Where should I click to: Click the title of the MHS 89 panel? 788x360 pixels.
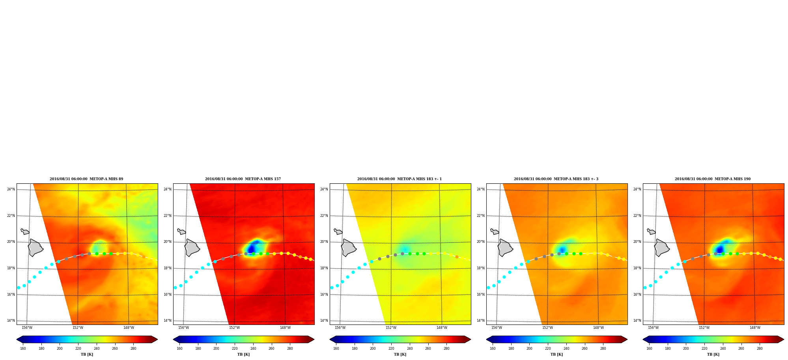click(86, 179)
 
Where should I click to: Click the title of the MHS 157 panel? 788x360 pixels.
click(243, 179)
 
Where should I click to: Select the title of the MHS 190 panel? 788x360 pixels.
click(713, 179)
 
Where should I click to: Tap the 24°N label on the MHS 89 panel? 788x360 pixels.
click(11, 189)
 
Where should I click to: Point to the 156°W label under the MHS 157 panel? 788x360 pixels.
click(183, 328)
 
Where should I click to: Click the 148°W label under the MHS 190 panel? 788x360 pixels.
click(755, 328)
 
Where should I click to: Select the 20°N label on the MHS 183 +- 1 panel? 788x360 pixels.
click(324, 242)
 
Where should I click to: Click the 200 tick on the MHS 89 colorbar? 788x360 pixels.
click(60, 349)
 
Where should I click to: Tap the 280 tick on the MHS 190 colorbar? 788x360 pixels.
click(760, 349)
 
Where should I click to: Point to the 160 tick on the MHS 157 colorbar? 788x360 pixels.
click(179, 349)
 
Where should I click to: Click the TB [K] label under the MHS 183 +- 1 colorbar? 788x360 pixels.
click(400, 354)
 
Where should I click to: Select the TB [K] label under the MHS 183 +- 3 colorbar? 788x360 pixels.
click(556, 354)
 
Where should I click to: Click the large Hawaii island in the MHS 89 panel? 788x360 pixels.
click(35, 248)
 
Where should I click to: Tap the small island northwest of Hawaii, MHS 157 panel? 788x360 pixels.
click(181, 231)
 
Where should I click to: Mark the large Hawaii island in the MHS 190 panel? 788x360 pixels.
click(661, 248)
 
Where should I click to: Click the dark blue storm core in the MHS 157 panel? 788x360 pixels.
click(252, 248)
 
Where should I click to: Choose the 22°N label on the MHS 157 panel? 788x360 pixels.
click(167, 216)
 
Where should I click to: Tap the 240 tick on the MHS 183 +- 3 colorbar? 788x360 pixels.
click(566, 349)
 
